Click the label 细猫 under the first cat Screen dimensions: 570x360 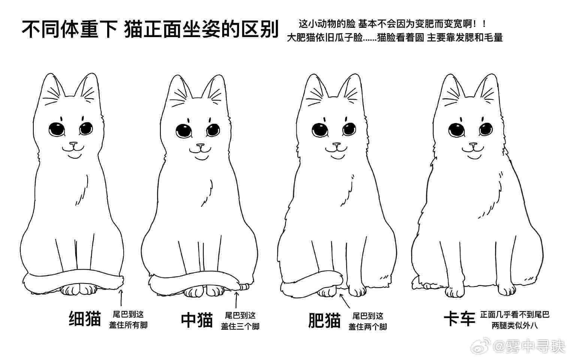pyautogui.click(x=85, y=318)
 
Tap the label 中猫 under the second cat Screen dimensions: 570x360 pyautogui.click(x=197, y=320)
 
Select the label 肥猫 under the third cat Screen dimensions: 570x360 pyautogui.click(x=325, y=320)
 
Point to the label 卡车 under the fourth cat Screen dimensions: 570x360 pyautogui.click(x=459, y=318)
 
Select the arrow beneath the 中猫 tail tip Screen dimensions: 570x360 pyautogui.click(x=236, y=300)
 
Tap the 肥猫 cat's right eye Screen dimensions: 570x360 pyautogui.click(x=349, y=129)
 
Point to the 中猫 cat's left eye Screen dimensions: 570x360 pyautogui.click(x=184, y=130)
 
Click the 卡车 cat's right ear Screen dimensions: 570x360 pyautogui.click(x=487, y=88)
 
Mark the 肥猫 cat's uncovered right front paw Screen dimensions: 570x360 pyautogui.click(x=358, y=290)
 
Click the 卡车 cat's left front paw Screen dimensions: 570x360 pyautogui.click(x=455, y=291)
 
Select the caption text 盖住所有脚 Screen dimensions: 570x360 pyautogui.click(x=129, y=325)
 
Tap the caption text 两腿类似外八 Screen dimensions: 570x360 pyautogui.click(x=515, y=325)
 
